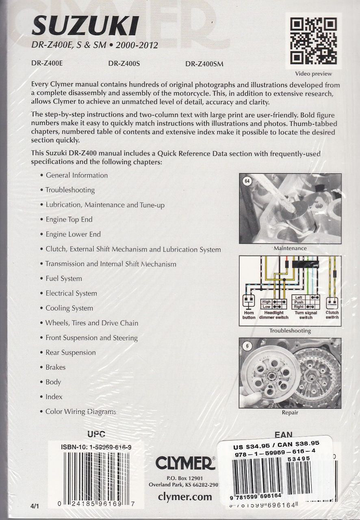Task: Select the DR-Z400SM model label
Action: (x=204, y=63)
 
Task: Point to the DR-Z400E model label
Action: (x=47, y=63)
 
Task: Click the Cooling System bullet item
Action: (x=69, y=308)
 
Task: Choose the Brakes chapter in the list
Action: (x=55, y=367)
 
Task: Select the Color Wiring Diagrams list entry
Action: (x=80, y=412)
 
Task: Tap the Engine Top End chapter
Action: (x=69, y=220)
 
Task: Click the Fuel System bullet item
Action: (x=63, y=279)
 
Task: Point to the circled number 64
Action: (x=247, y=182)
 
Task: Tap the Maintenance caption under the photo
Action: (x=290, y=248)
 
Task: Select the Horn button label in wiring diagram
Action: (x=249, y=315)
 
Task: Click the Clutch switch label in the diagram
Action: (x=332, y=315)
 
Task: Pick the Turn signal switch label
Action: (x=306, y=315)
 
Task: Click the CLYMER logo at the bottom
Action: (x=185, y=463)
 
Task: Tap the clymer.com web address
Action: (x=185, y=496)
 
